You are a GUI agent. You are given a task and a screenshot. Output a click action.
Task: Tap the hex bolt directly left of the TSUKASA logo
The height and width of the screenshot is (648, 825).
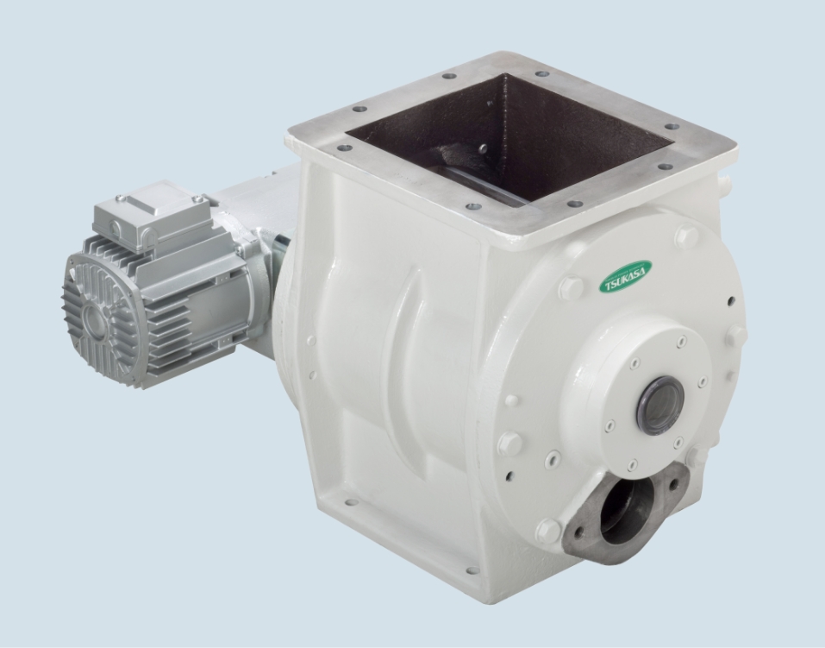571,287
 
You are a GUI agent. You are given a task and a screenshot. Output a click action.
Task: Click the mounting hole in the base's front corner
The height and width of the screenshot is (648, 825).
472,570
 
